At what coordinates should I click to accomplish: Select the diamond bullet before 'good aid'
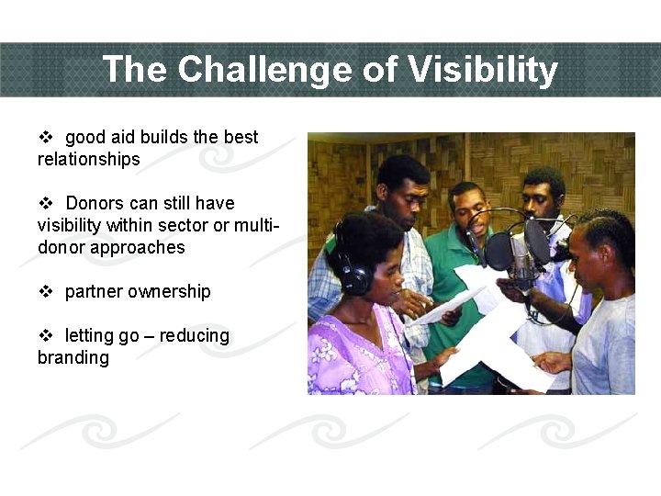coord(46,138)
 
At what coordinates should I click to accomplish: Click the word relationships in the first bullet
coord(88,160)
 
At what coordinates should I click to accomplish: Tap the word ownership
coord(169,292)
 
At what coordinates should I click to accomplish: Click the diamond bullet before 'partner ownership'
coord(46,292)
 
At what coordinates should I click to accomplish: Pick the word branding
coord(73,358)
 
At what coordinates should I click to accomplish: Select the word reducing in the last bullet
coord(195,336)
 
